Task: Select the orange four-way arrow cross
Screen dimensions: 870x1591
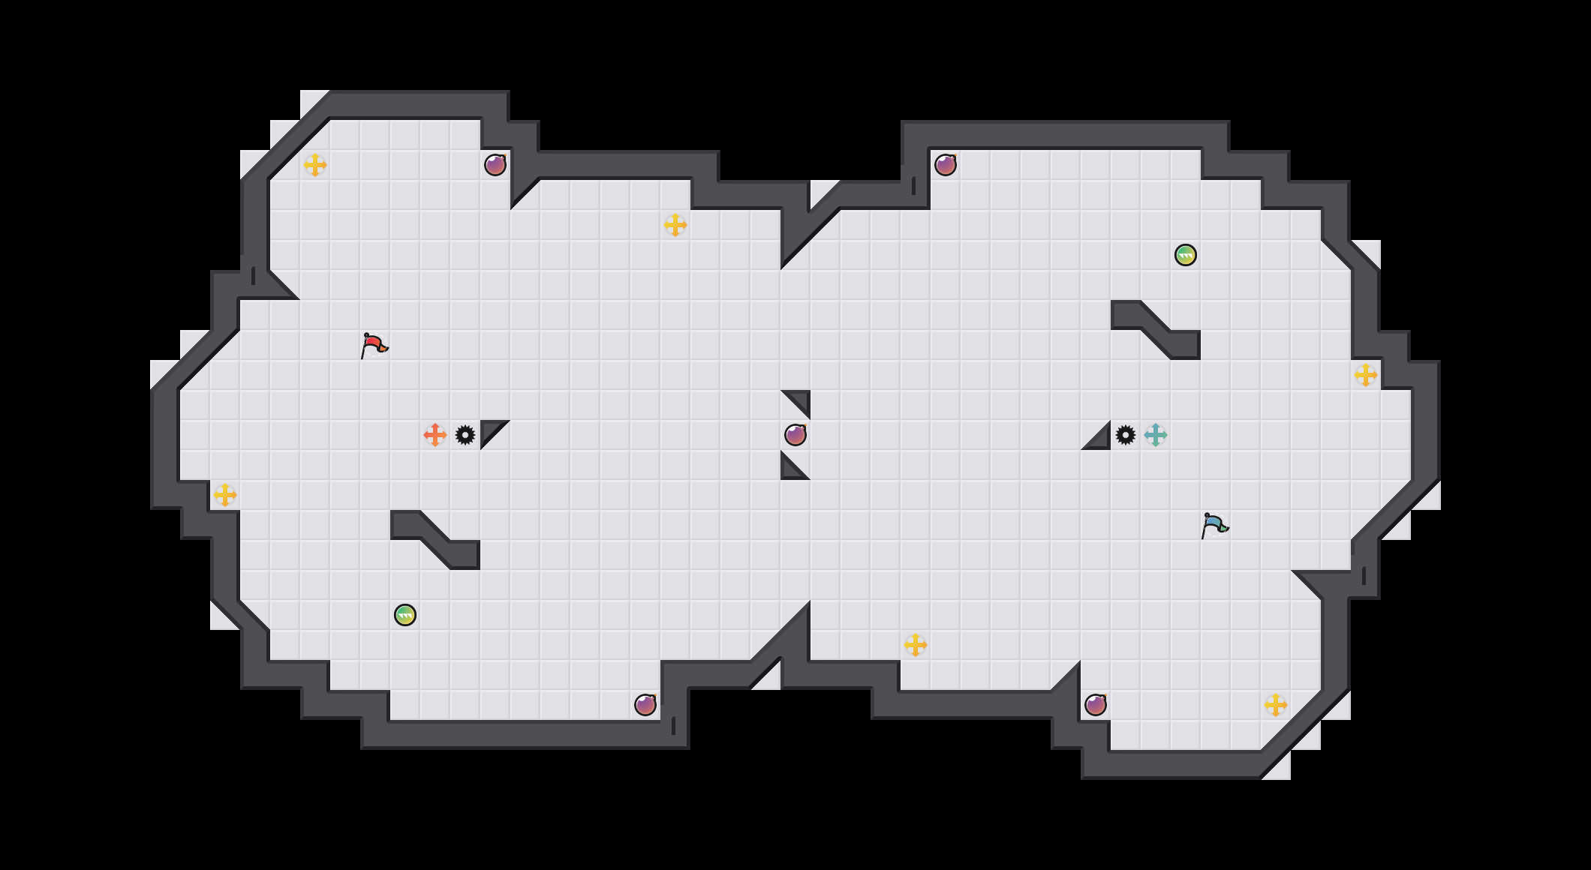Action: pos(435,435)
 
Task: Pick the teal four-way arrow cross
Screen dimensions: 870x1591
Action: pos(1156,435)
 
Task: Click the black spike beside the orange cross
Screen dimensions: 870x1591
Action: pos(465,435)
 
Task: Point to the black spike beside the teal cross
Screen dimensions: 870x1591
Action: pos(1126,435)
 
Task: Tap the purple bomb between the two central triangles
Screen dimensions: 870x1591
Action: pos(795,435)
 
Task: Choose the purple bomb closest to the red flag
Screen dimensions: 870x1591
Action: pos(495,165)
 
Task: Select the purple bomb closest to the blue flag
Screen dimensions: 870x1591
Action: pos(1096,705)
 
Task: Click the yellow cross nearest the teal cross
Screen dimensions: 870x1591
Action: pos(1366,375)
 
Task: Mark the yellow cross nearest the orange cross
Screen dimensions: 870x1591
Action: pos(225,495)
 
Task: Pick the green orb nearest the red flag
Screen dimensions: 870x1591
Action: pos(405,615)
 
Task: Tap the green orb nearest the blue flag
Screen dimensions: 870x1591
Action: pos(1186,255)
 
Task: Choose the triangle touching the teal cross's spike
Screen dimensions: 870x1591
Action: pos(1100,439)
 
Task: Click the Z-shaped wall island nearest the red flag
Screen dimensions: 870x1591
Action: pos(435,540)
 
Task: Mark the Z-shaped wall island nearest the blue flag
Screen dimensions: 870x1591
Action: pos(1156,330)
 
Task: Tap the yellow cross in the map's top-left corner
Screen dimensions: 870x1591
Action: pos(315,165)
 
